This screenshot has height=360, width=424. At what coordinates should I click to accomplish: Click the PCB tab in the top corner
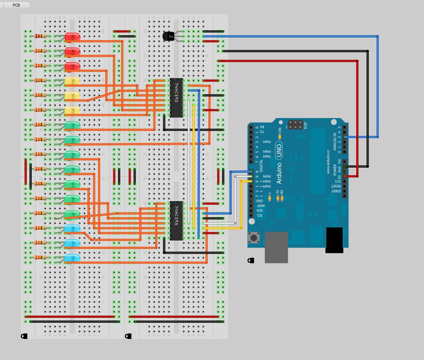coord(16,5)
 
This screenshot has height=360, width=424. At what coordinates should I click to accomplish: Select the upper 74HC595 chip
coord(176,98)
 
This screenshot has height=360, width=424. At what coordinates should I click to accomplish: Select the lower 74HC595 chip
coord(176,220)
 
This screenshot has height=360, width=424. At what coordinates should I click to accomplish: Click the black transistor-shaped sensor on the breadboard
coord(168,36)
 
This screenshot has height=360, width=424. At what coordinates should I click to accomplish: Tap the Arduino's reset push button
coord(254,238)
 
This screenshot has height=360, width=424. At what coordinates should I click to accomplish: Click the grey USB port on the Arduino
coord(276,247)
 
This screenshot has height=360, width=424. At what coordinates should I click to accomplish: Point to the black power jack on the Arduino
coord(334,240)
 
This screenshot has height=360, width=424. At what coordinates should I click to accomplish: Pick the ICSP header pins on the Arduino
coord(295,124)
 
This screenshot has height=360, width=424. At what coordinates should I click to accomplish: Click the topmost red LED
coord(72,37)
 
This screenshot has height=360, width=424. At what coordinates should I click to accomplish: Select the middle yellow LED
coord(72,96)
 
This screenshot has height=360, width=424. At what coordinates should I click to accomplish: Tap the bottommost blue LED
coord(72,258)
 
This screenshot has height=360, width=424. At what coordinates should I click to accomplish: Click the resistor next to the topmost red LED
coord(40,36)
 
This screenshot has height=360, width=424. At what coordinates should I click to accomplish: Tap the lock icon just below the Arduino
coord(251,260)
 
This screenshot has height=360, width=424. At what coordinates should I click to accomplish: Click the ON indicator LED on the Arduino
coord(280,136)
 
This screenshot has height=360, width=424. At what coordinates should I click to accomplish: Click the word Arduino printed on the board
coord(279,173)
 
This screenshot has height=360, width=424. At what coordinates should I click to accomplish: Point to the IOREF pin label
coord(338,191)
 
